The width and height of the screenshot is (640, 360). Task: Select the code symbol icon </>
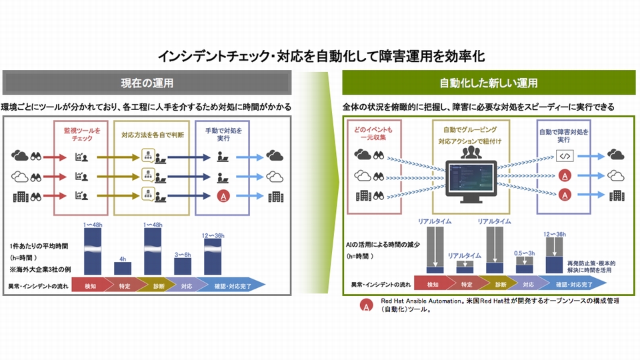pos(564,157)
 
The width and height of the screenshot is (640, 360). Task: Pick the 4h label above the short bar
pos(123,258)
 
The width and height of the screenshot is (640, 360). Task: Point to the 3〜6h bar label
pos(183,254)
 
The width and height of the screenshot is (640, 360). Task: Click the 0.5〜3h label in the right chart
pos(525,254)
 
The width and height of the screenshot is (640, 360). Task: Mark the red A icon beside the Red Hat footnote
pos(365,305)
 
